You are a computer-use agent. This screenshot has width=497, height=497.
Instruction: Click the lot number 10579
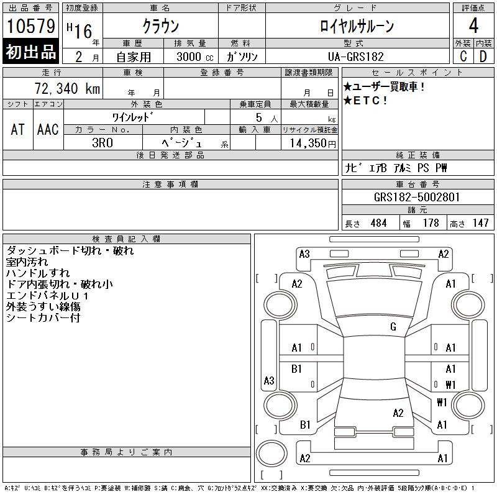(30, 26)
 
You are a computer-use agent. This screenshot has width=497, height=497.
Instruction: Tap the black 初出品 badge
(30, 52)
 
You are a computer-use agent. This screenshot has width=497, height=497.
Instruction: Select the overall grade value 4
(473, 25)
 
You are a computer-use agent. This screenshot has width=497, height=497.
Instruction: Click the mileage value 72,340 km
(67, 88)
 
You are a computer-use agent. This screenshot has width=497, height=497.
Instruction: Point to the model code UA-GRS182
(355, 57)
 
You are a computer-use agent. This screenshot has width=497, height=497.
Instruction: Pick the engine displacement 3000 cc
(194, 57)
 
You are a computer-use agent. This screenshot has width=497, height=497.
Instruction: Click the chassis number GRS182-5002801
(417, 197)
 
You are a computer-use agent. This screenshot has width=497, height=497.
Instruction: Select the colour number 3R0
(103, 143)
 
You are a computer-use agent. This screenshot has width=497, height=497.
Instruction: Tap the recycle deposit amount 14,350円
(313, 143)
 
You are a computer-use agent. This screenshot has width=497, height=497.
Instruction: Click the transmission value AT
(18, 129)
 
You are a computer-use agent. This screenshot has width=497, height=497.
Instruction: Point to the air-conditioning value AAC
(48, 129)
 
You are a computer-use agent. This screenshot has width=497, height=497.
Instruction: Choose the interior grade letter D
(483, 57)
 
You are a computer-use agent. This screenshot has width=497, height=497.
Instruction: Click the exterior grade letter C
(463, 57)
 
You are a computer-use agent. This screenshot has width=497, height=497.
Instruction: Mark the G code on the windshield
(393, 327)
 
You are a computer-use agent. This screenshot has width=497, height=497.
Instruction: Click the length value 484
(378, 223)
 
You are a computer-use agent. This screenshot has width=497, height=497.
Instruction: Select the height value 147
(480, 223)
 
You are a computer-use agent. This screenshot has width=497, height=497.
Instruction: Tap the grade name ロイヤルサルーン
(357, 26)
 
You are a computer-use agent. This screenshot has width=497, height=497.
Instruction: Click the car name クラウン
(161, 26)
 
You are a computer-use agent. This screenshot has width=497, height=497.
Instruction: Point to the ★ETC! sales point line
(365, 101)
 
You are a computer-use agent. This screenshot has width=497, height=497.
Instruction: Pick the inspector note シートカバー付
(43, 317)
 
